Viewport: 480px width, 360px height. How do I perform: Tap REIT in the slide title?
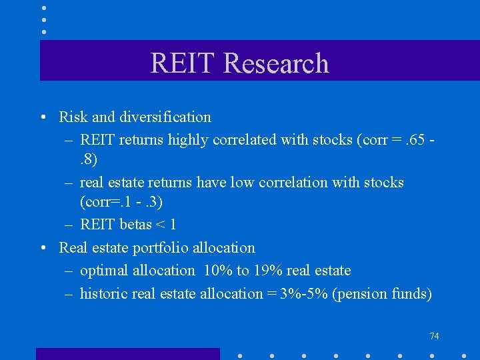coord(184,63)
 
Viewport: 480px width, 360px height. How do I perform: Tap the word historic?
coord(103,294)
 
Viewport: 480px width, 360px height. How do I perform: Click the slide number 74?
coord(434,337)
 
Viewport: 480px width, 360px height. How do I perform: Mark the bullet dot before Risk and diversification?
coord(43,118)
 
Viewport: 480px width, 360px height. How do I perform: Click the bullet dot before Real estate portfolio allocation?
coord(43,249)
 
